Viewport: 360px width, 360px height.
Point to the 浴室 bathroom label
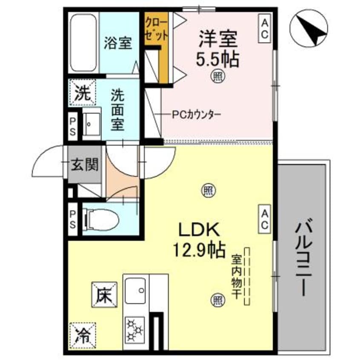pos(118,44)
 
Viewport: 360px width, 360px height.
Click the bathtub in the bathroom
pos(83,44)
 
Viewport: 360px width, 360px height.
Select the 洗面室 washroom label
pos(118,110)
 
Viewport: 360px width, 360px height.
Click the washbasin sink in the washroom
pos(91,123)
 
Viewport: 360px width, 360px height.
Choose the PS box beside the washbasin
pos(73,126)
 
